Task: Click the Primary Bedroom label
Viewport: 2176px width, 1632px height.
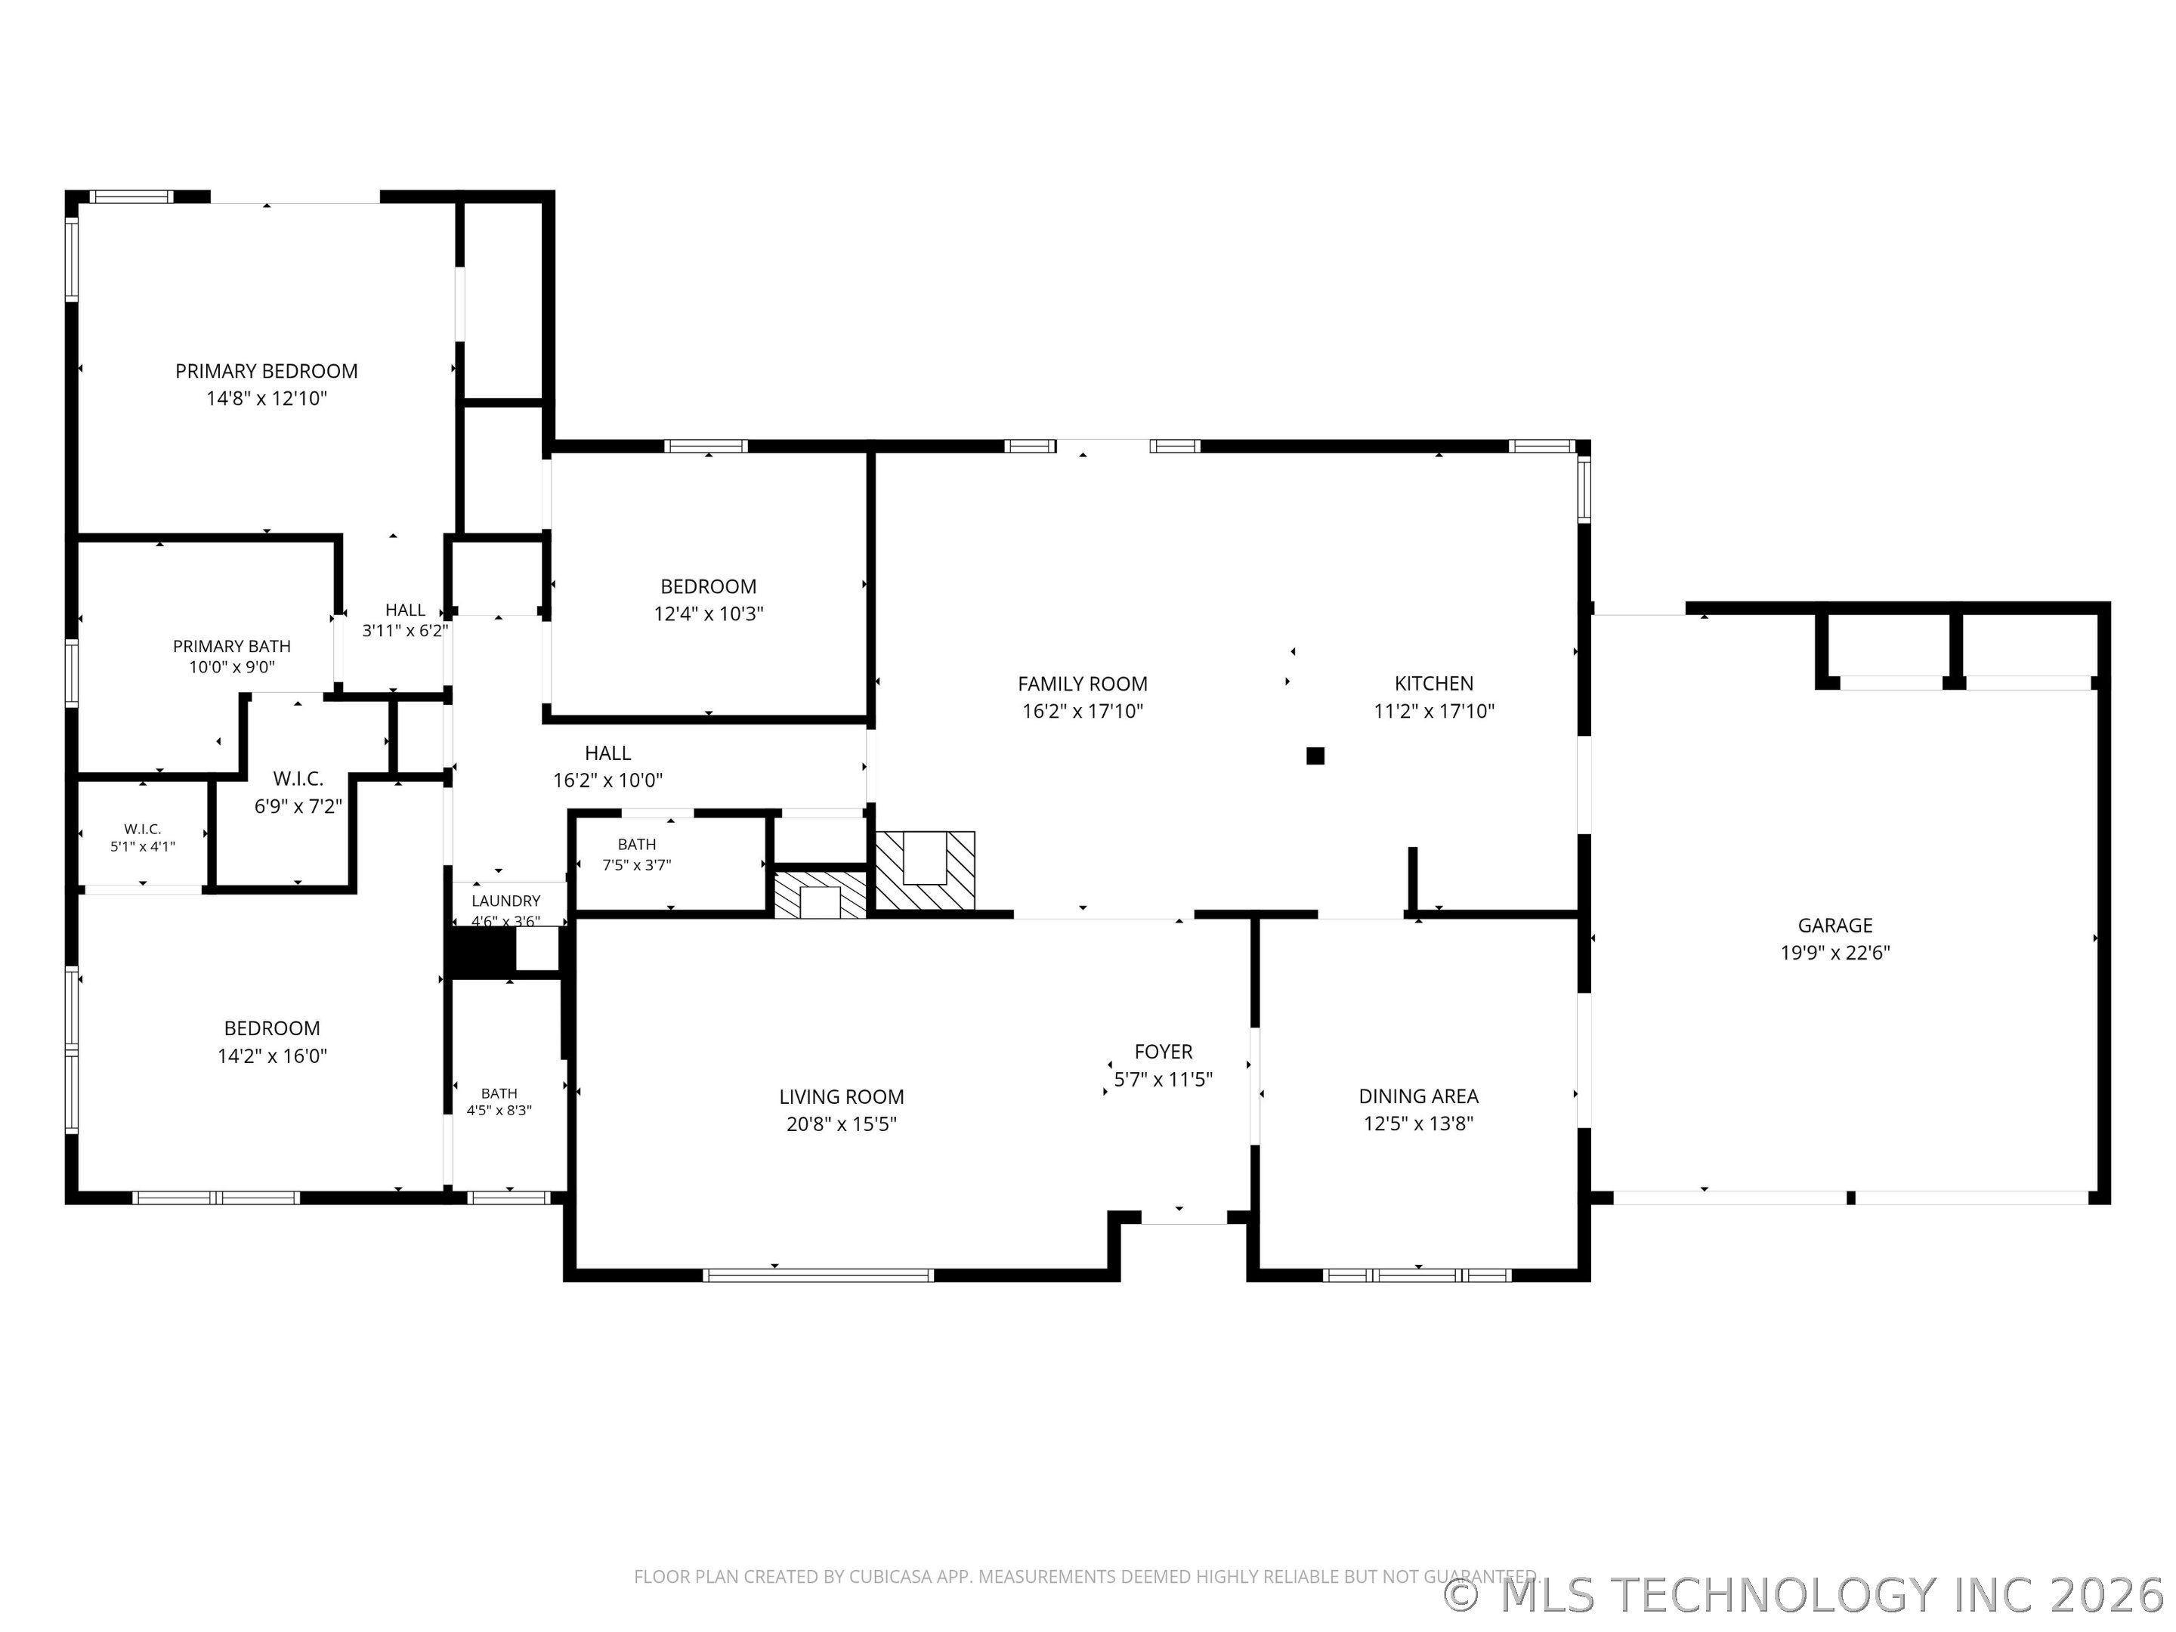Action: [x=267, y=371]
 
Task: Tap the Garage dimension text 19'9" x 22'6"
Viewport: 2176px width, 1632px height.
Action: [x=1836, y=952]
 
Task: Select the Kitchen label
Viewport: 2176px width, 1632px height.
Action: [x=1433, y=683]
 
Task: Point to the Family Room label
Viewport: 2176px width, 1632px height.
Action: [x=1082, y=684]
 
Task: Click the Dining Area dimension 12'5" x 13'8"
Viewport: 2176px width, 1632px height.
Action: [x=1418, y=1124]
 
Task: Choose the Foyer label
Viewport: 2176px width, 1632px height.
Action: [x=1163, y=1052]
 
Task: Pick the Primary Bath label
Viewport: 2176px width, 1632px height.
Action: [x=232, y=646]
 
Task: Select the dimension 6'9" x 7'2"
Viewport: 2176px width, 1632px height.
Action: [x=298, y=807]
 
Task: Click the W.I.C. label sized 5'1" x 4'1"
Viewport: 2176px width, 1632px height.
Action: [x=143, y=830]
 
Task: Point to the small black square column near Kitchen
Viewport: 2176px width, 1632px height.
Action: [x=1315, y=756]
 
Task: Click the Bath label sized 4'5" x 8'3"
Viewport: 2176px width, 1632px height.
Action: [x=499, y=1093]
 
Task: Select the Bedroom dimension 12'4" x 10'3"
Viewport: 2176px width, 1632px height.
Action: [x=708, y=614]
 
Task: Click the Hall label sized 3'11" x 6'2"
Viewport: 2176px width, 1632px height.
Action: [x=405, y=610]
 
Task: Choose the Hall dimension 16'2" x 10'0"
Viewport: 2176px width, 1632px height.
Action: [x=608, y=780]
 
